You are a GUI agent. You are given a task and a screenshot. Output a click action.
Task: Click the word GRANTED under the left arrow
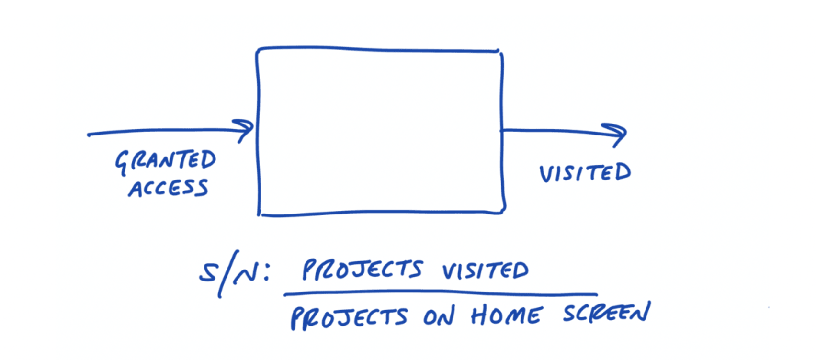point(166,161)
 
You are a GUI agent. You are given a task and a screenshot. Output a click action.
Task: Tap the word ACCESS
point(169,188)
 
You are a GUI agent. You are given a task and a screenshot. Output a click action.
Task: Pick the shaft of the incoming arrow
point(163,131)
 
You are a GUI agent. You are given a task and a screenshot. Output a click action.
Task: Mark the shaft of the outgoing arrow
point(551,130)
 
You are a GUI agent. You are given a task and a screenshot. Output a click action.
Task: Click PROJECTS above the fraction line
point(362,270)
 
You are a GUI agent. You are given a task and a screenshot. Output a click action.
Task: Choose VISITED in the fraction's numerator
point(485,270)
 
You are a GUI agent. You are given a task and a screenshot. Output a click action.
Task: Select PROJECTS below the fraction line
point(349,318)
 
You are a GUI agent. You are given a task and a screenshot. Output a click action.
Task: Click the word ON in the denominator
point(438,317)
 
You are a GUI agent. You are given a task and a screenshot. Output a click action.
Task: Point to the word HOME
point(506,316)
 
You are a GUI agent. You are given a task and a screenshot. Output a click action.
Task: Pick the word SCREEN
point(606,314)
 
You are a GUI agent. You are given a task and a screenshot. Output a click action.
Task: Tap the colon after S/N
point(266,274)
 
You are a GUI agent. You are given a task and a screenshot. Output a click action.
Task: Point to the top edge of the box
point(378,49)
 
